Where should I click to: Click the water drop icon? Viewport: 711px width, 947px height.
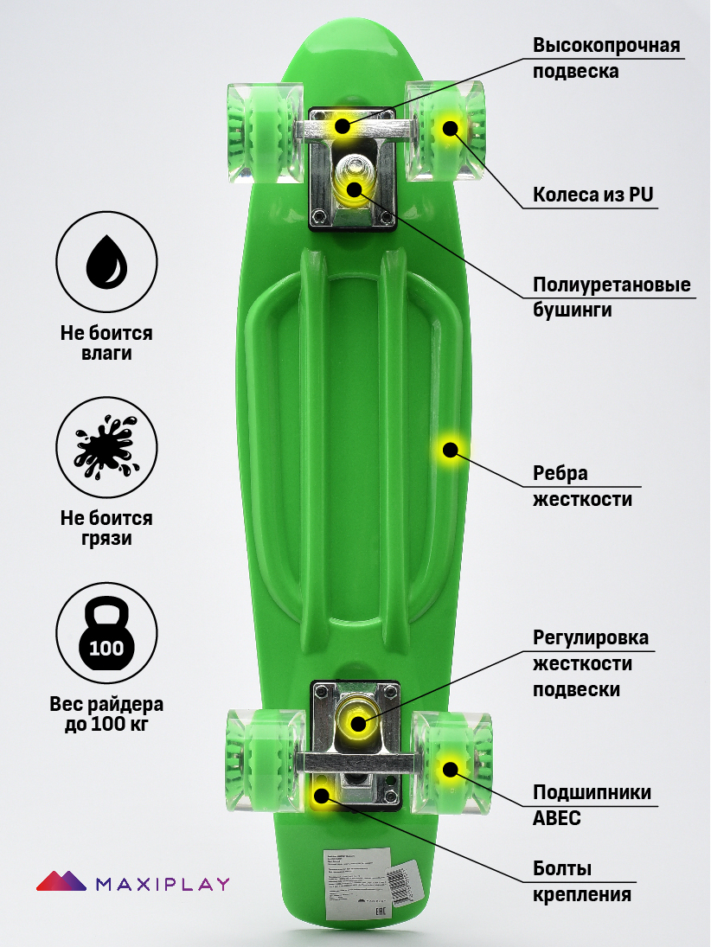106,261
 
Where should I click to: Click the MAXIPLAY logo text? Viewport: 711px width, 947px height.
163,884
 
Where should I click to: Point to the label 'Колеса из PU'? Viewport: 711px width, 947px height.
592,195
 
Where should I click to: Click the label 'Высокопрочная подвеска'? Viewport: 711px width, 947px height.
605,58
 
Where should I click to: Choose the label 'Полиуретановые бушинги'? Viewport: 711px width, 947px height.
611,297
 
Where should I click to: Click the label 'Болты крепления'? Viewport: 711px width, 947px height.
581,881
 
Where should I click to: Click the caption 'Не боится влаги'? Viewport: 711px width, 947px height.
106,343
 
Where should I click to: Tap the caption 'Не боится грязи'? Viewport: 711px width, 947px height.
106,528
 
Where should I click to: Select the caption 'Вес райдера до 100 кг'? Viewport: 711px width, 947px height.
106,714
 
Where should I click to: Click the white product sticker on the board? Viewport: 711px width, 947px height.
358,882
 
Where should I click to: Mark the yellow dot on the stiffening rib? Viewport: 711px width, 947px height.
450,449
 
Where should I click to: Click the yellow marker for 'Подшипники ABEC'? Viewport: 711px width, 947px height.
449,768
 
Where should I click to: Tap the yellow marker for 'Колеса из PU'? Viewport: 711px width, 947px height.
450,128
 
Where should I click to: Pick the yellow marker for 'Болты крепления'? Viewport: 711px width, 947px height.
322,794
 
